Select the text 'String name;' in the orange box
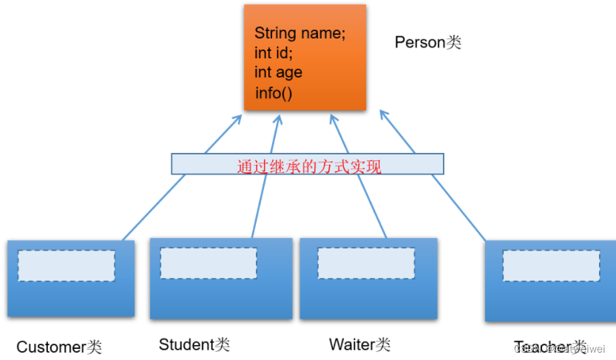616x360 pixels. [x=299, y=33]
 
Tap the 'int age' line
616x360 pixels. [x=278, y=72]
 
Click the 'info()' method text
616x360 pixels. [x=274, y=93]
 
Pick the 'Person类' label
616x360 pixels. [x=427, y=42]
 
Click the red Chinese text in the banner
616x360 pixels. [x=308, y=166]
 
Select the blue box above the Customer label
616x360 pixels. [x=71, y=296]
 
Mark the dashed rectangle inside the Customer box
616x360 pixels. [x=67, y=265]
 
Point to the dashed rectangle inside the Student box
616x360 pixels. [x=209, y=262]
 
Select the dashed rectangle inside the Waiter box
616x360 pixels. [x=366, y=262]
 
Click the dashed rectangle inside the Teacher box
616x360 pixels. [x=551, y=265]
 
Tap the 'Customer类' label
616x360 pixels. [x=58, y=347]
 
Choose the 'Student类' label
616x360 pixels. [x=194, y=344]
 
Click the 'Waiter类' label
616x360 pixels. [x=359, y=344]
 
